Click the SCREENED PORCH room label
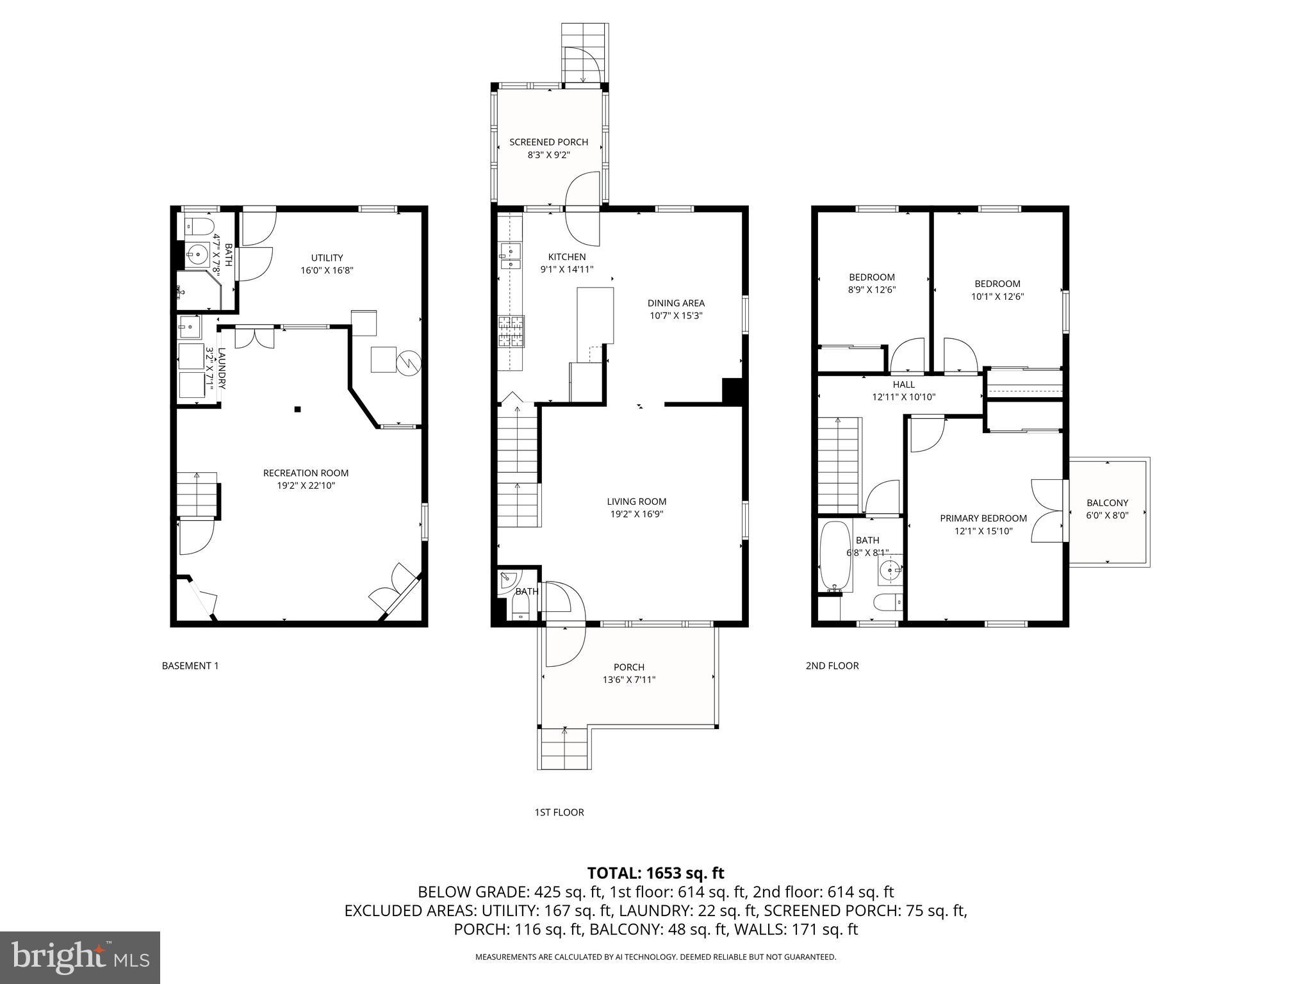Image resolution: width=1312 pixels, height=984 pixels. click(x=548, y=142)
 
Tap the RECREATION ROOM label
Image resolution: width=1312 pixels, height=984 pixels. click(x=306, y=473)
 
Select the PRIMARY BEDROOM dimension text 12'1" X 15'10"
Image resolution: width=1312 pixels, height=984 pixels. click(x=983, y=530)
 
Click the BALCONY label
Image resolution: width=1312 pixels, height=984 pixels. click(x=1107, y=503)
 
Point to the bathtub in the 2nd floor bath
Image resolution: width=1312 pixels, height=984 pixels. click(x=835, y=555)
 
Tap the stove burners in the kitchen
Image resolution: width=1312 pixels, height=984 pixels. click(x=511, y=331)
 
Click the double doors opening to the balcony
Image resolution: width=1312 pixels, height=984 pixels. click(x=1046, y=511)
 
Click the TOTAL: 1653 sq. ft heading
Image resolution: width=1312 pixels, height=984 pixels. click(x=655, y=873)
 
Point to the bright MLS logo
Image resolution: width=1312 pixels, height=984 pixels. click(x=79, y=957)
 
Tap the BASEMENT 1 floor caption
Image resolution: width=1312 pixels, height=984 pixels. click(x=190, y=666)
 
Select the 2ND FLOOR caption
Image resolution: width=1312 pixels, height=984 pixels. click(x=832, y=666)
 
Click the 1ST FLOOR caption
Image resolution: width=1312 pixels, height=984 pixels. click(x=559, y=812)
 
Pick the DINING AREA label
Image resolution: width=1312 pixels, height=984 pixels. click(x=676, y=303)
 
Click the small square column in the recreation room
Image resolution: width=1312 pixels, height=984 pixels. click(x=297, y=409)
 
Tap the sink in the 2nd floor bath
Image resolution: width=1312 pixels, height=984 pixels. click(x=889, y=569)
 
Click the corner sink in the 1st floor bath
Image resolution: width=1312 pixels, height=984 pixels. click(x=507, y=578)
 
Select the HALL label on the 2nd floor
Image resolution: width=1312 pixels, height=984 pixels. click(x=903, y=384)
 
